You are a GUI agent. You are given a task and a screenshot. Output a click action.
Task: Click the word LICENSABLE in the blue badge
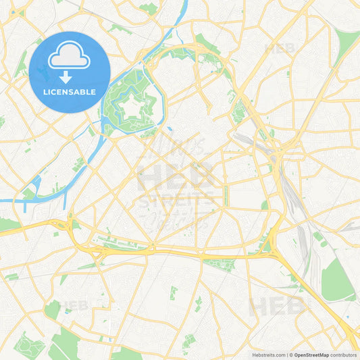(x=70, y=91)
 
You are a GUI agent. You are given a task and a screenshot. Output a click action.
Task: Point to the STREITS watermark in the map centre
(x=177, y=200)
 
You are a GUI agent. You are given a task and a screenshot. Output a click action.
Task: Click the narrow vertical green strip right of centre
(x=226, y=197)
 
